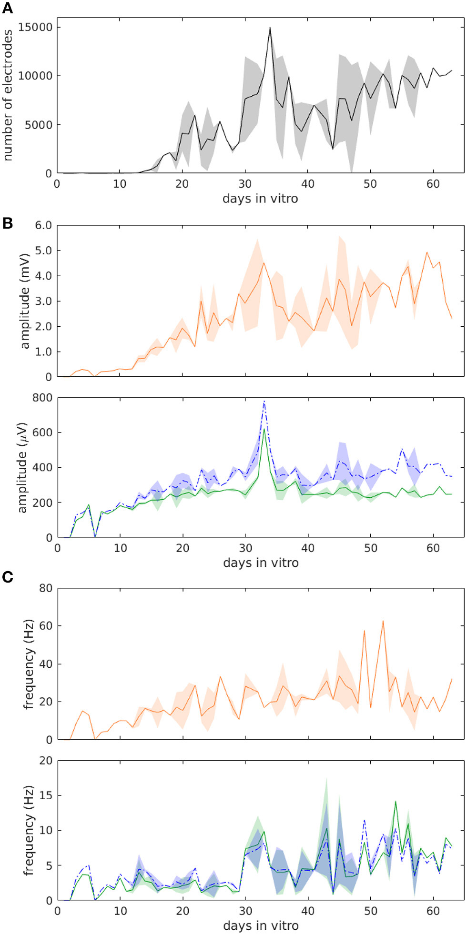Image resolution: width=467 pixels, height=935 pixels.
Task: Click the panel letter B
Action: [x=7, y=223]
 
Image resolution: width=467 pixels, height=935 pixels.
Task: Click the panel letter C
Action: [x=7, y=577]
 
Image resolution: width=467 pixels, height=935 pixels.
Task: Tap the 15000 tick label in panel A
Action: [x=35, y=27]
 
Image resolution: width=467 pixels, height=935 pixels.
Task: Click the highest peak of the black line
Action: [x=270, y=28]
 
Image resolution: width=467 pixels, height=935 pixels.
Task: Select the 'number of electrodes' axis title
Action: [x=8, y=95]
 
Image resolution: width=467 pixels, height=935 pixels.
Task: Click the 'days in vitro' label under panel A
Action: [x=260, y=199]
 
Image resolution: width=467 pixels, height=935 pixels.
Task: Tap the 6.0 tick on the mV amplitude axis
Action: [x=43, y=225]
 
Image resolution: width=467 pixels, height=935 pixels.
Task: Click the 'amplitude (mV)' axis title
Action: [x=25, y=301]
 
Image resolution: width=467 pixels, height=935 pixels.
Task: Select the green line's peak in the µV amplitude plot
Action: [x=264, y=429]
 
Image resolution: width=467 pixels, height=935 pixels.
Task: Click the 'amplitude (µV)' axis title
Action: [x=22, y=467]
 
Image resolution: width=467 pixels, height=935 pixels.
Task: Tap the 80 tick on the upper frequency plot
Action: [x=46, y=588]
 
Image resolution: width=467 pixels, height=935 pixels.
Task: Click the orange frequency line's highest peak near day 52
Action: [x=383, y=621]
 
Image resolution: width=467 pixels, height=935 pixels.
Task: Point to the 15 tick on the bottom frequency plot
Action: [x=46, y=795]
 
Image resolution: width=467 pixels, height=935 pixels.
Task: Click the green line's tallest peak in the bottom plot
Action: [x=396, y=801]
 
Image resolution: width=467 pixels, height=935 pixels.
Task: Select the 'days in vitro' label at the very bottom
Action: [x=261, y=925]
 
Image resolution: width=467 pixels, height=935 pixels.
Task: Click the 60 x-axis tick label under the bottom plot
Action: [x=433, y=911]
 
